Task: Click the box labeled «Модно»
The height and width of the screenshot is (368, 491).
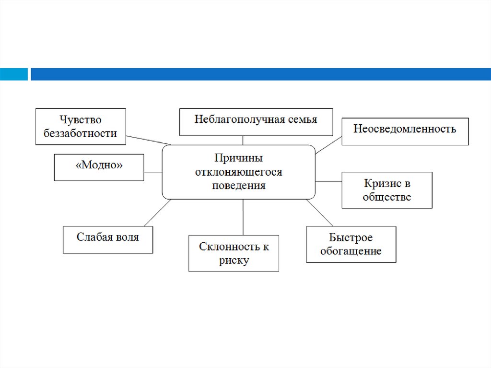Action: (x=99, y=167)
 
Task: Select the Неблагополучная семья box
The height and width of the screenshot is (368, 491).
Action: (x=256, y=122)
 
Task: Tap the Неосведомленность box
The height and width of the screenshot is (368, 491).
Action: (x=405, y=131)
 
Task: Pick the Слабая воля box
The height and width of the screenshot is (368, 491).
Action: (x=107, y=239)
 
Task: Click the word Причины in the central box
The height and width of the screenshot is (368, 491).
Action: (x=238, y=158)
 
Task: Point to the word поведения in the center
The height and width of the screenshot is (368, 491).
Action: (x=238, y=185)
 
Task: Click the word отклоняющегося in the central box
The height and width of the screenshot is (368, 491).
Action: (x=238, y=172)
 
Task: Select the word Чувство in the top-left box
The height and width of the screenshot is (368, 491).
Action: (x=81, y=119)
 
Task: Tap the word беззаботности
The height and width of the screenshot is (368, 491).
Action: (x=81, y=133)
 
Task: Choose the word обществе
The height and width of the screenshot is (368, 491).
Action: (x=387, y=197)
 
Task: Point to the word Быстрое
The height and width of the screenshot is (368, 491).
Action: (x=351, y=237)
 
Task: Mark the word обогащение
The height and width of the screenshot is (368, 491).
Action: (x=351, y=251)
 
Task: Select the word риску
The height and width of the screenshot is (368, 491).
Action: (x=234, y=261)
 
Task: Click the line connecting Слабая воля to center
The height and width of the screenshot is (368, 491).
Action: (x=157, y=213)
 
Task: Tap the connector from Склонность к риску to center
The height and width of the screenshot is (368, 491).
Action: (x=243, y=217)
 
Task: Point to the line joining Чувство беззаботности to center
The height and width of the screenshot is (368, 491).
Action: (x=148, y=140)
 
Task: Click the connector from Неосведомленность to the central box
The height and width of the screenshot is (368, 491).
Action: (x=328, y=145)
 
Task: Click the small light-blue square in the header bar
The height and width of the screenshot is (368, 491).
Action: (x=13, y=74)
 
